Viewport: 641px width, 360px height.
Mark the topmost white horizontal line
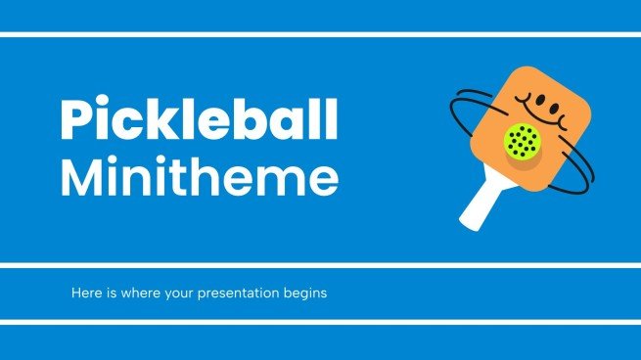click(x=320, y=34)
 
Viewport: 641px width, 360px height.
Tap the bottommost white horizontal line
click(x=320, y=320)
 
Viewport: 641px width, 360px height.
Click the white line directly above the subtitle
click(x=320, y=264)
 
